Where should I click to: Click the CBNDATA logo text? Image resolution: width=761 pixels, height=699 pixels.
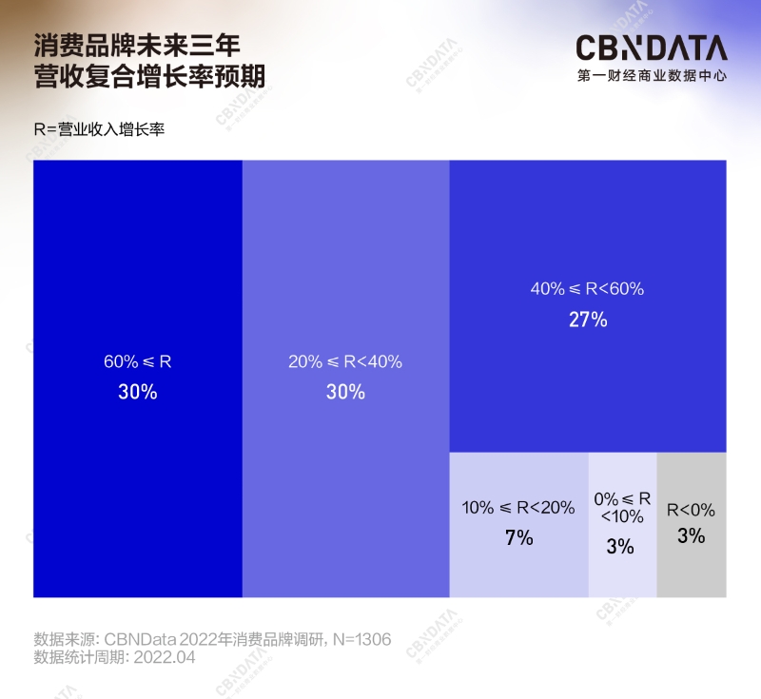[x=651, y=49]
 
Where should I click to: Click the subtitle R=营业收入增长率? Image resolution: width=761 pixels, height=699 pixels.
[x=99, y=129]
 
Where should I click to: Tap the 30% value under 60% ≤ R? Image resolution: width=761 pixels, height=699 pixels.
[x=137, y=391]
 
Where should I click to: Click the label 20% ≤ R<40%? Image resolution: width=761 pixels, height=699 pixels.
[x=345, y=361]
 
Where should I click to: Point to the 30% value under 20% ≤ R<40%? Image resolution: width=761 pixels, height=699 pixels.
[x=345, y=391]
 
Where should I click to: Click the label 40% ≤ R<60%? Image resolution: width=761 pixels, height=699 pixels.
[x=587, y=289]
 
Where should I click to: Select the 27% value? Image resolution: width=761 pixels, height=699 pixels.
[x=587, y=320]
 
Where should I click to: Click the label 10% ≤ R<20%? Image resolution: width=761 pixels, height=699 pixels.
[x=518, y=508]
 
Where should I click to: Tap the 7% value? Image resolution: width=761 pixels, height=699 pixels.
[x=518, y=537]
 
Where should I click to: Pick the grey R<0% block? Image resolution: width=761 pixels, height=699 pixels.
[x=692, y=571]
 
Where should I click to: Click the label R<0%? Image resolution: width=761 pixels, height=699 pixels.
[x=691, y=510]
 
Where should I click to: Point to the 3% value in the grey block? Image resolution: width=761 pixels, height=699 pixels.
[x=691, y=535]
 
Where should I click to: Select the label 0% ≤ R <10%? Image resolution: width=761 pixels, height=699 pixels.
[x=622, y=508]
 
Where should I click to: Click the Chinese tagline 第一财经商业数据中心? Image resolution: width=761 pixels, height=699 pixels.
[x=651, y=75]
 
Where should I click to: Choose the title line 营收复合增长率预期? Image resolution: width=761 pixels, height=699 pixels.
[x=149, y=76]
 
